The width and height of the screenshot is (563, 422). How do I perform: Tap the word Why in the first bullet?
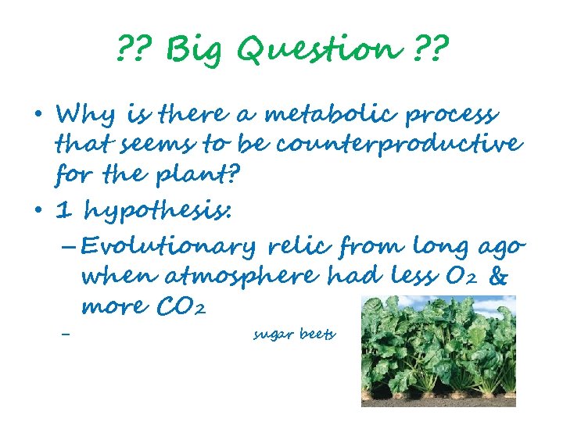tap(83, 116)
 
